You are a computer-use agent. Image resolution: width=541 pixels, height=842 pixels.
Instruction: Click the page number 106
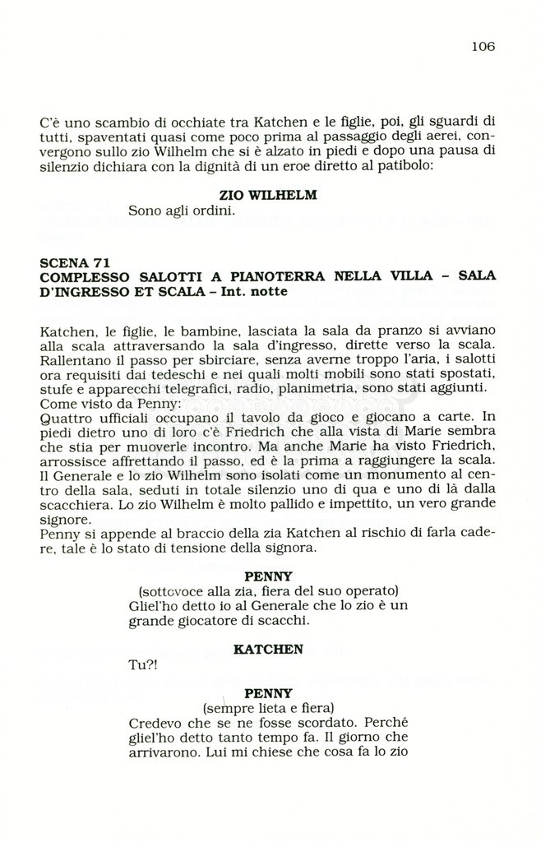[x=483, y=47]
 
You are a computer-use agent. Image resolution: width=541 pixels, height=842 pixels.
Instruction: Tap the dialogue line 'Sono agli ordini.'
[x=182, y=210]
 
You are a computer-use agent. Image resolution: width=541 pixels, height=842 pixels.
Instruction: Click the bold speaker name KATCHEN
[x=268, y=649]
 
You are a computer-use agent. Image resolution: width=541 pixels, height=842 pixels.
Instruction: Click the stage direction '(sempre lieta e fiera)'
[x=268, y=707]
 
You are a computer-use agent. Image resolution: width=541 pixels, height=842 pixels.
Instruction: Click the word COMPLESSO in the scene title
[x=81, y=276]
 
